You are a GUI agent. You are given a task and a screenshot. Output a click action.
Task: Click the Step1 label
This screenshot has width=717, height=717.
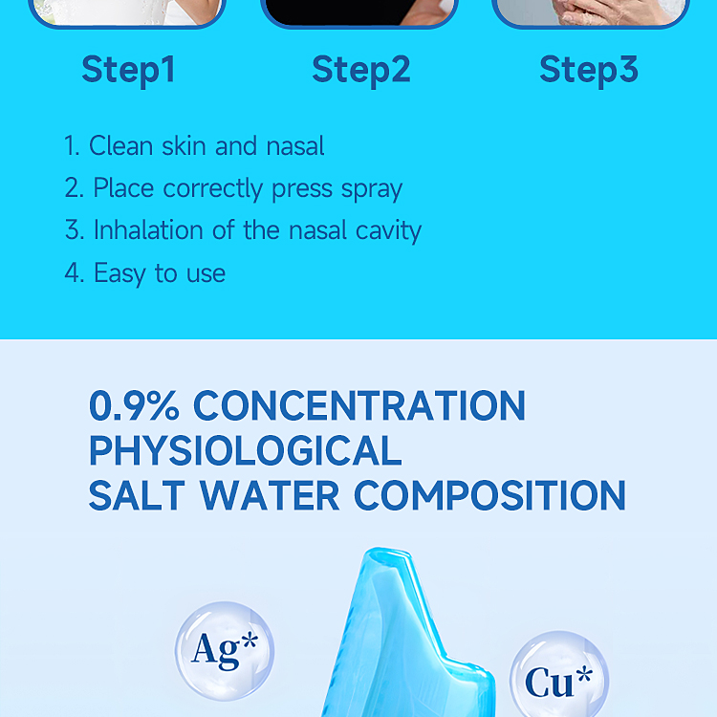pos(128,70)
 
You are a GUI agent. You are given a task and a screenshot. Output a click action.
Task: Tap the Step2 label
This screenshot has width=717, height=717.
pos(360,70)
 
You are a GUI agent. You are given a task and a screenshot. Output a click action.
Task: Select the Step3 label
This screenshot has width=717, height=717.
pos(588,70)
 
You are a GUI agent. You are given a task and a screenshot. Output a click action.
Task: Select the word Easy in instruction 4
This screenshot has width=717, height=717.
pos(119,273)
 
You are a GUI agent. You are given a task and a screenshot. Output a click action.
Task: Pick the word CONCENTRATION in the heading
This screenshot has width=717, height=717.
pos(359,405)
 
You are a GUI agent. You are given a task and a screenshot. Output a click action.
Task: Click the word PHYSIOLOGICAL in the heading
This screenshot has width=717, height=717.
pos(245,450)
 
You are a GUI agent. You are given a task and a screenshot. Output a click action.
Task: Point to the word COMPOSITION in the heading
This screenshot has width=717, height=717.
pos(490,495)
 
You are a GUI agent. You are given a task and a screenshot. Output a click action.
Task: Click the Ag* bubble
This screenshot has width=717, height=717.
pos(225,650)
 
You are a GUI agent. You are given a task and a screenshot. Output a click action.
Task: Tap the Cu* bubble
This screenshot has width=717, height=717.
pos(558,680)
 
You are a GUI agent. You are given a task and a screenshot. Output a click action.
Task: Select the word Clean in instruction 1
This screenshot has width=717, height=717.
pos(119,146)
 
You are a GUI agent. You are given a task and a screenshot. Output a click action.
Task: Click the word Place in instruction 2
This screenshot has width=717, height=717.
pos(124,189)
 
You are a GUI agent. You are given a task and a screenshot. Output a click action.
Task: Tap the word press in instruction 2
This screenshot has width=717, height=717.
pos(302,189)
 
